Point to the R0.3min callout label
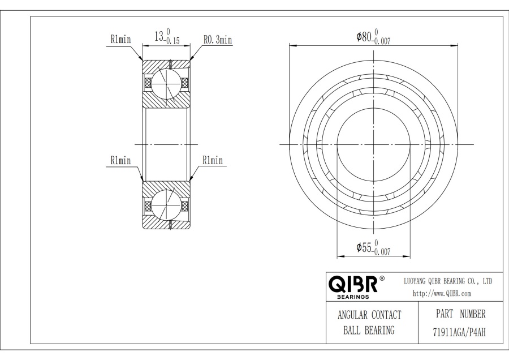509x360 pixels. click(218, 40)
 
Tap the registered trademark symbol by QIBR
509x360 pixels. click(382, 278)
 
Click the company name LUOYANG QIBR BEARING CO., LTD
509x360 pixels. click(448, 281)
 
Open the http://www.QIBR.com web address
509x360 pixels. click(442, 293)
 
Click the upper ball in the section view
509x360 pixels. click(166, 83)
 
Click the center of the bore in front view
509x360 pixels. click(373, 144)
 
